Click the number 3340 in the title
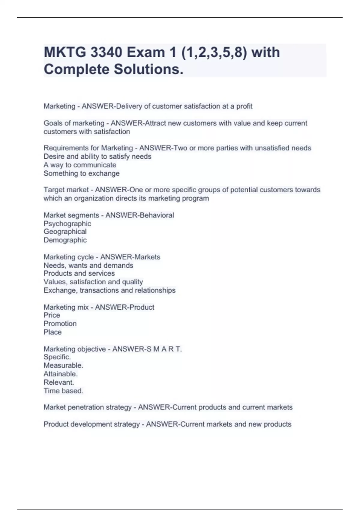106,52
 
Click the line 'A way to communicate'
80,165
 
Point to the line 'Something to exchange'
82,173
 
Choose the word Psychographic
67,223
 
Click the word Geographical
65,232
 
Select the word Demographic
65,240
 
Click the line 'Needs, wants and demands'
88,265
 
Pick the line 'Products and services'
79,273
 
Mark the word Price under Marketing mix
52,315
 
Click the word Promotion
60,323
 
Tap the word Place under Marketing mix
52,332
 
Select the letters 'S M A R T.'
164,349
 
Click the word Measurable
63,365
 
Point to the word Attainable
61,374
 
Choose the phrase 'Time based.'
63,391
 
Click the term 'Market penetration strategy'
88,407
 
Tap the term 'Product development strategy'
91,424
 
